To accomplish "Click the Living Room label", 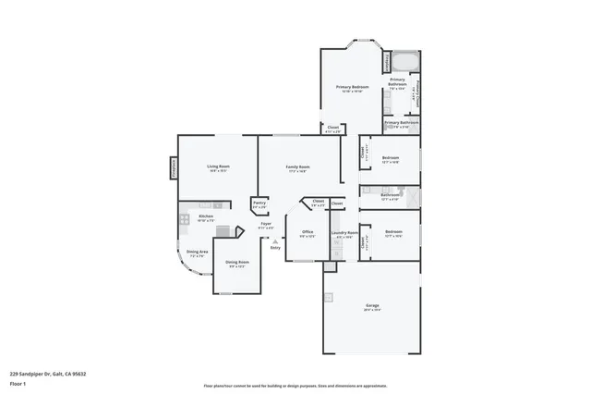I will [218, 166].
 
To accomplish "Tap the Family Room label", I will [297, 166].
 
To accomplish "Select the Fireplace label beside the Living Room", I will [173, 166].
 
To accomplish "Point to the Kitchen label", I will [206, 216].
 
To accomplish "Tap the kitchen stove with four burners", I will [185, 219].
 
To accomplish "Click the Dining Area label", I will [198, 252].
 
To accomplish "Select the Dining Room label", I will [237, 263].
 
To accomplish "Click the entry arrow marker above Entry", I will [274, 240].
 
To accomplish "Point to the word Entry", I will [274, 248].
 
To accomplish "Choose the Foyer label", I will [265, 224].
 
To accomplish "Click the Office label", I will [308, 232].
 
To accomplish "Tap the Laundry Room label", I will [344, 233].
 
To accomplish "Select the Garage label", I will [372, 306].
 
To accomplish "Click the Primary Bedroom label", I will [352, 87].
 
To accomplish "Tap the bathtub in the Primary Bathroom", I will [404, 63].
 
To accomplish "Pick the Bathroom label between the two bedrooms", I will [390, 195].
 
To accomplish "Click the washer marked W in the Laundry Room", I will [337, 243].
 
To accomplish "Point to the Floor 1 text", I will [17, 383].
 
